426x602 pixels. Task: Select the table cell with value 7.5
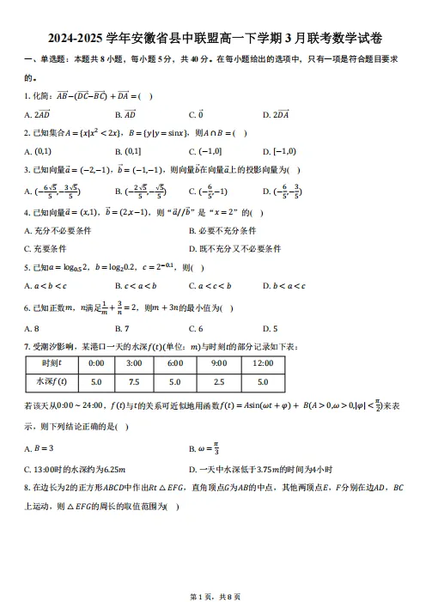click(x=135, y=381)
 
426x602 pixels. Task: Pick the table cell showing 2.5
click(x=218, y=381)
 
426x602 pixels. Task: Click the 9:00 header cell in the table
click(x=218, y=363)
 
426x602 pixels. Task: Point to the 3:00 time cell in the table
click(x=135, y=363)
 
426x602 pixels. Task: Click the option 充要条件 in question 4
click(x=47, y=249)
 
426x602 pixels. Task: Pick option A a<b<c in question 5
click(x=46, y=286)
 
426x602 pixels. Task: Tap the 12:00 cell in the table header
click(x=261, y=363)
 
